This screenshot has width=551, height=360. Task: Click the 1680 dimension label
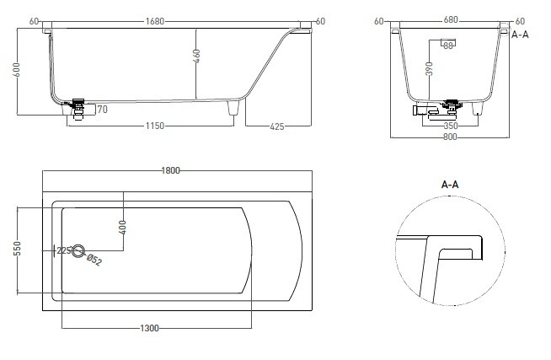coord(155,21)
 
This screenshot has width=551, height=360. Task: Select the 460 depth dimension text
coord(196,56)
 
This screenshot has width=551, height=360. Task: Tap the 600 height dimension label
coord(17,70)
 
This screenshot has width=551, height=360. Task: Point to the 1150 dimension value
coord(155,126)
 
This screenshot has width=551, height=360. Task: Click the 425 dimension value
coord(277,126)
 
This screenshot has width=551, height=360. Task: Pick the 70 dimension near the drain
coord(102,110)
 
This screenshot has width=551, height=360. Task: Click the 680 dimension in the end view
coord(451,19)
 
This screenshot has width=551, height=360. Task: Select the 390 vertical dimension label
coord(429,69)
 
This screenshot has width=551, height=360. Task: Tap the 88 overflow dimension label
coord(447,46)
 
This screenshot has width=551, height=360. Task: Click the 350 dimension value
coord(451,126)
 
